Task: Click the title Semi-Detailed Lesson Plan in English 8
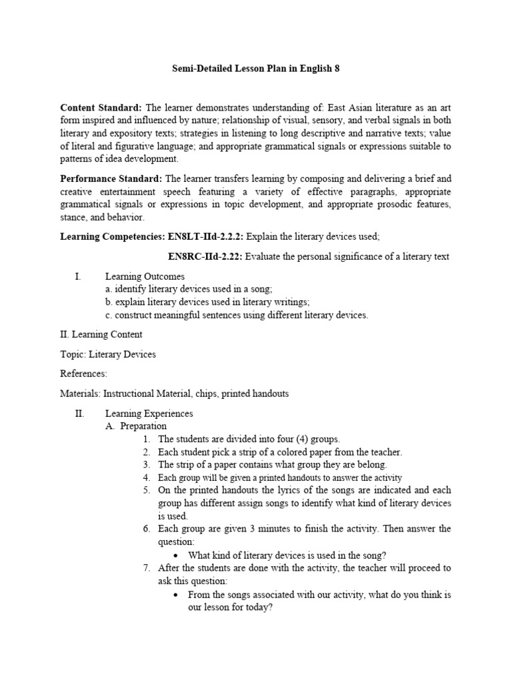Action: click(255, 69)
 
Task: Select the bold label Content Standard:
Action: click(101, 108)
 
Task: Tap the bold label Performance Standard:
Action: click(111, 179)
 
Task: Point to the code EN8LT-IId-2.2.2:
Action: click(203, 236)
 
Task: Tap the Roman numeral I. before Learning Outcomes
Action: click(78, 276)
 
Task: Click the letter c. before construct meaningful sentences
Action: click(109, 315)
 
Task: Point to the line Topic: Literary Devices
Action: click(108, 354)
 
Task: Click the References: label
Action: click(83, 374)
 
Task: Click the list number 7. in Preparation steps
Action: click(147, 568)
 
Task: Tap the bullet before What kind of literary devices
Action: click(175, 555)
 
